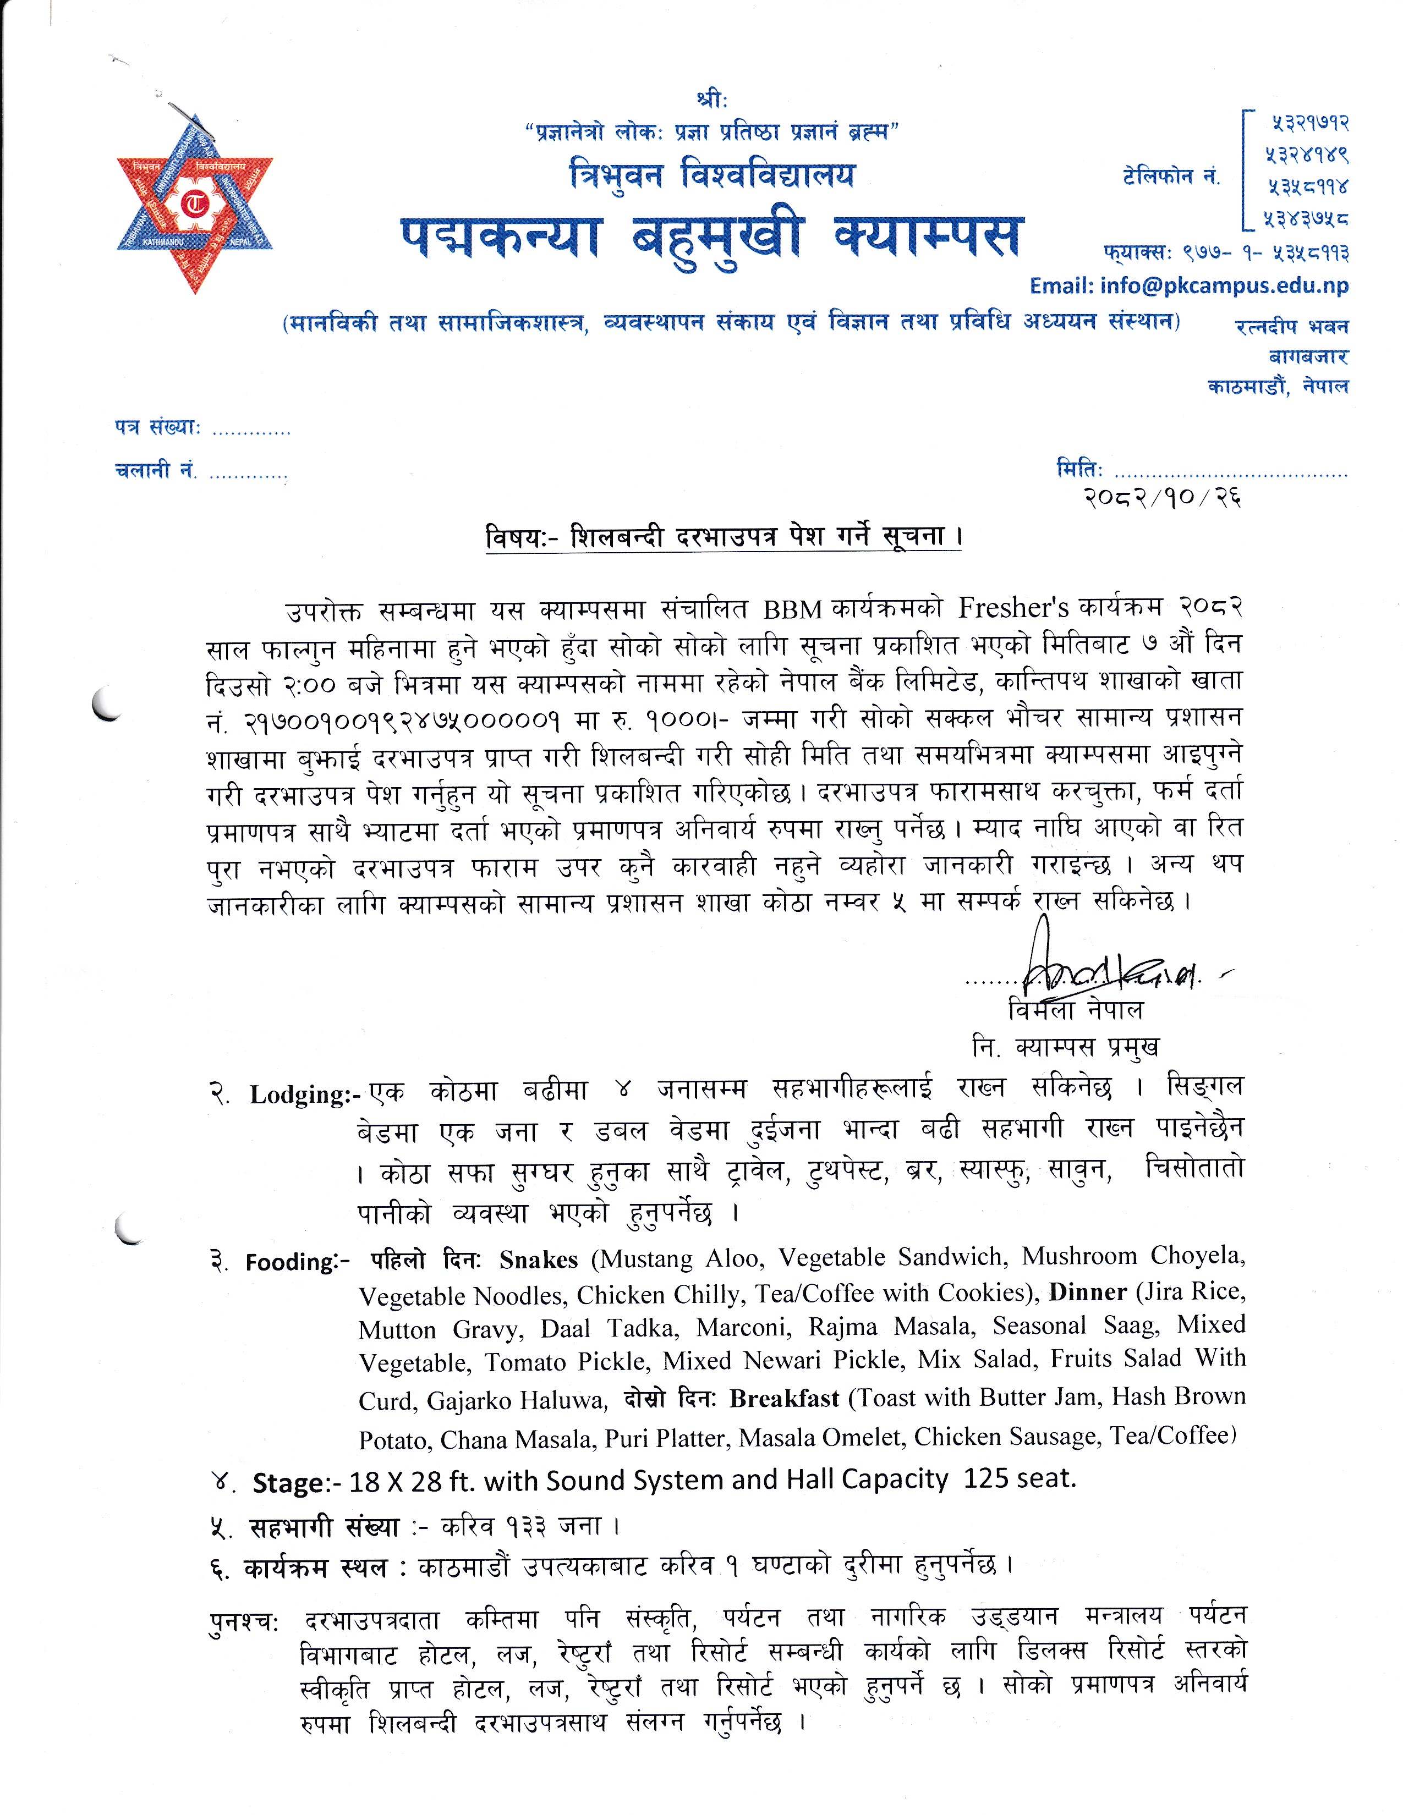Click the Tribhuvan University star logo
click(x=194, y=204)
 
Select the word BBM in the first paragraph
click(x=792, y=609)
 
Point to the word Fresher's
click(x=1012, y=608)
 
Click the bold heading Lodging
click(x=299, y=1094)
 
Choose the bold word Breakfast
click(x=784, y=1399)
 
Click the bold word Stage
click(x=288, y=1483)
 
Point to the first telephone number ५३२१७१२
click(x=1309, y=124)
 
